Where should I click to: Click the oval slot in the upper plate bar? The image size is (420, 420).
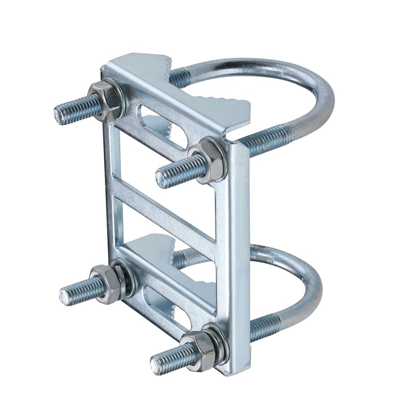(162, 128)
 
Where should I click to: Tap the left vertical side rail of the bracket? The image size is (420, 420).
(110, 189)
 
